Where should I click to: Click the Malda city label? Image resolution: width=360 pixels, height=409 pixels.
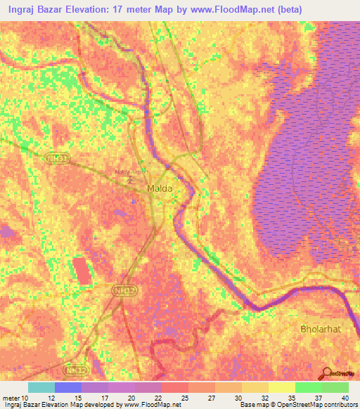[x=160, y=189]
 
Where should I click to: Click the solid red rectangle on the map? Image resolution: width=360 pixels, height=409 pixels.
[x=82, y=271]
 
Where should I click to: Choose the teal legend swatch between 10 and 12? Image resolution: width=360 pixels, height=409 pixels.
[x=41, y=387]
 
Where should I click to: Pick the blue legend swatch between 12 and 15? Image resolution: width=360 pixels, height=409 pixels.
[x=67, y=387]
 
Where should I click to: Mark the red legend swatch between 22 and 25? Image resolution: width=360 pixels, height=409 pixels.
[x=174, y=387]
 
